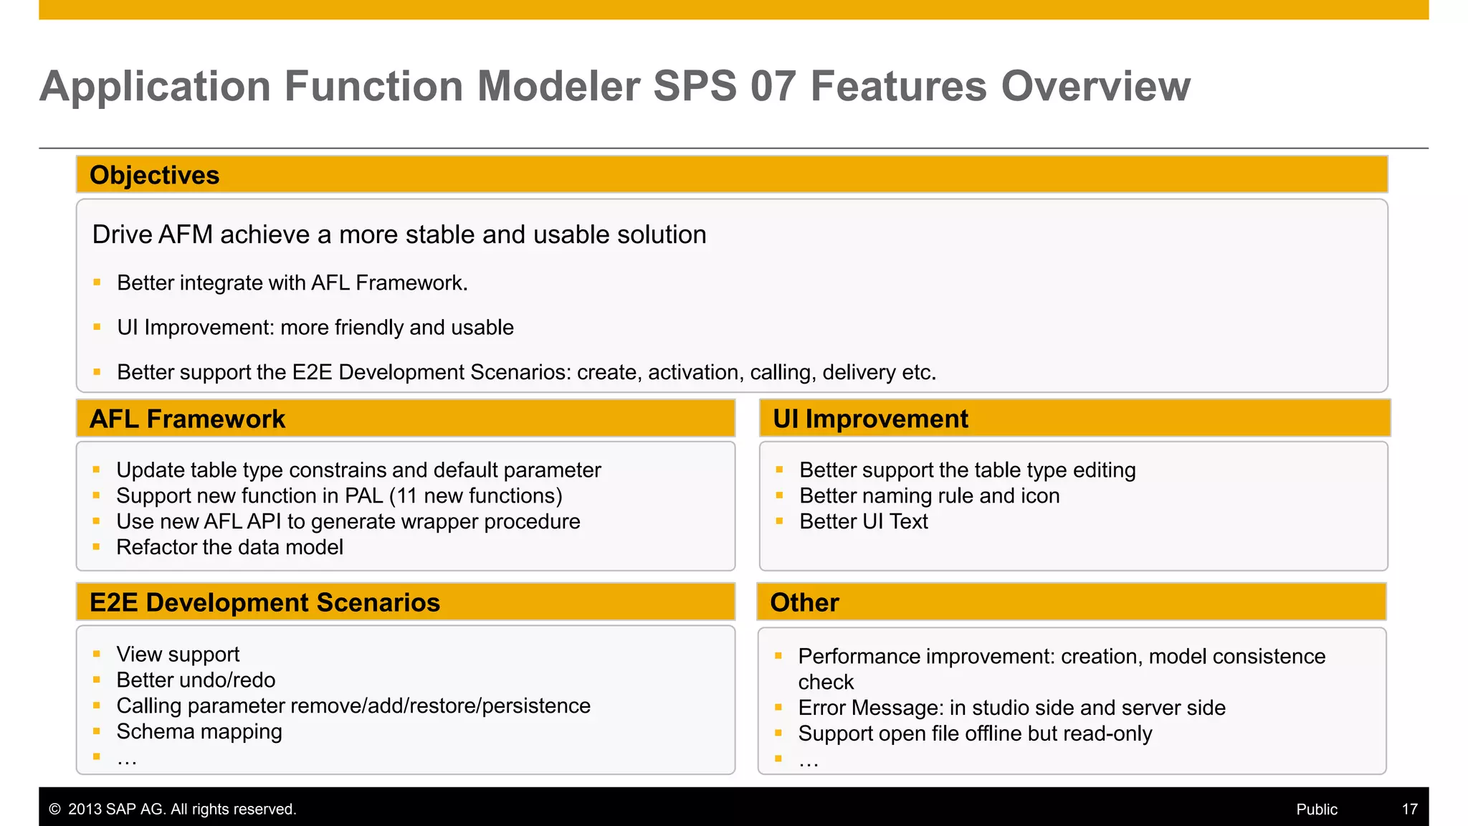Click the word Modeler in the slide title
tap(558, 86)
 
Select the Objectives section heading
tap(154, 175)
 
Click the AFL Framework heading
tap(187, 419)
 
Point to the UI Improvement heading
tap(869, 419)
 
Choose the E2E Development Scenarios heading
tap(264, 602)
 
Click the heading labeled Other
tap(804, 602)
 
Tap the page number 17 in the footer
tap(1409, 809)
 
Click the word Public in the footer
tap(1316, 809)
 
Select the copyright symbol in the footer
tap(54, 809)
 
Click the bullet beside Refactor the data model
tap(96, 547)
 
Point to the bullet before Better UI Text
tap(779, 521)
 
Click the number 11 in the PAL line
tap(406, 495)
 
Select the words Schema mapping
tap(199, 731)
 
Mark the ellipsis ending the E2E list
tap(127, 759)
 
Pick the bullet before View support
tap(96, 654)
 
